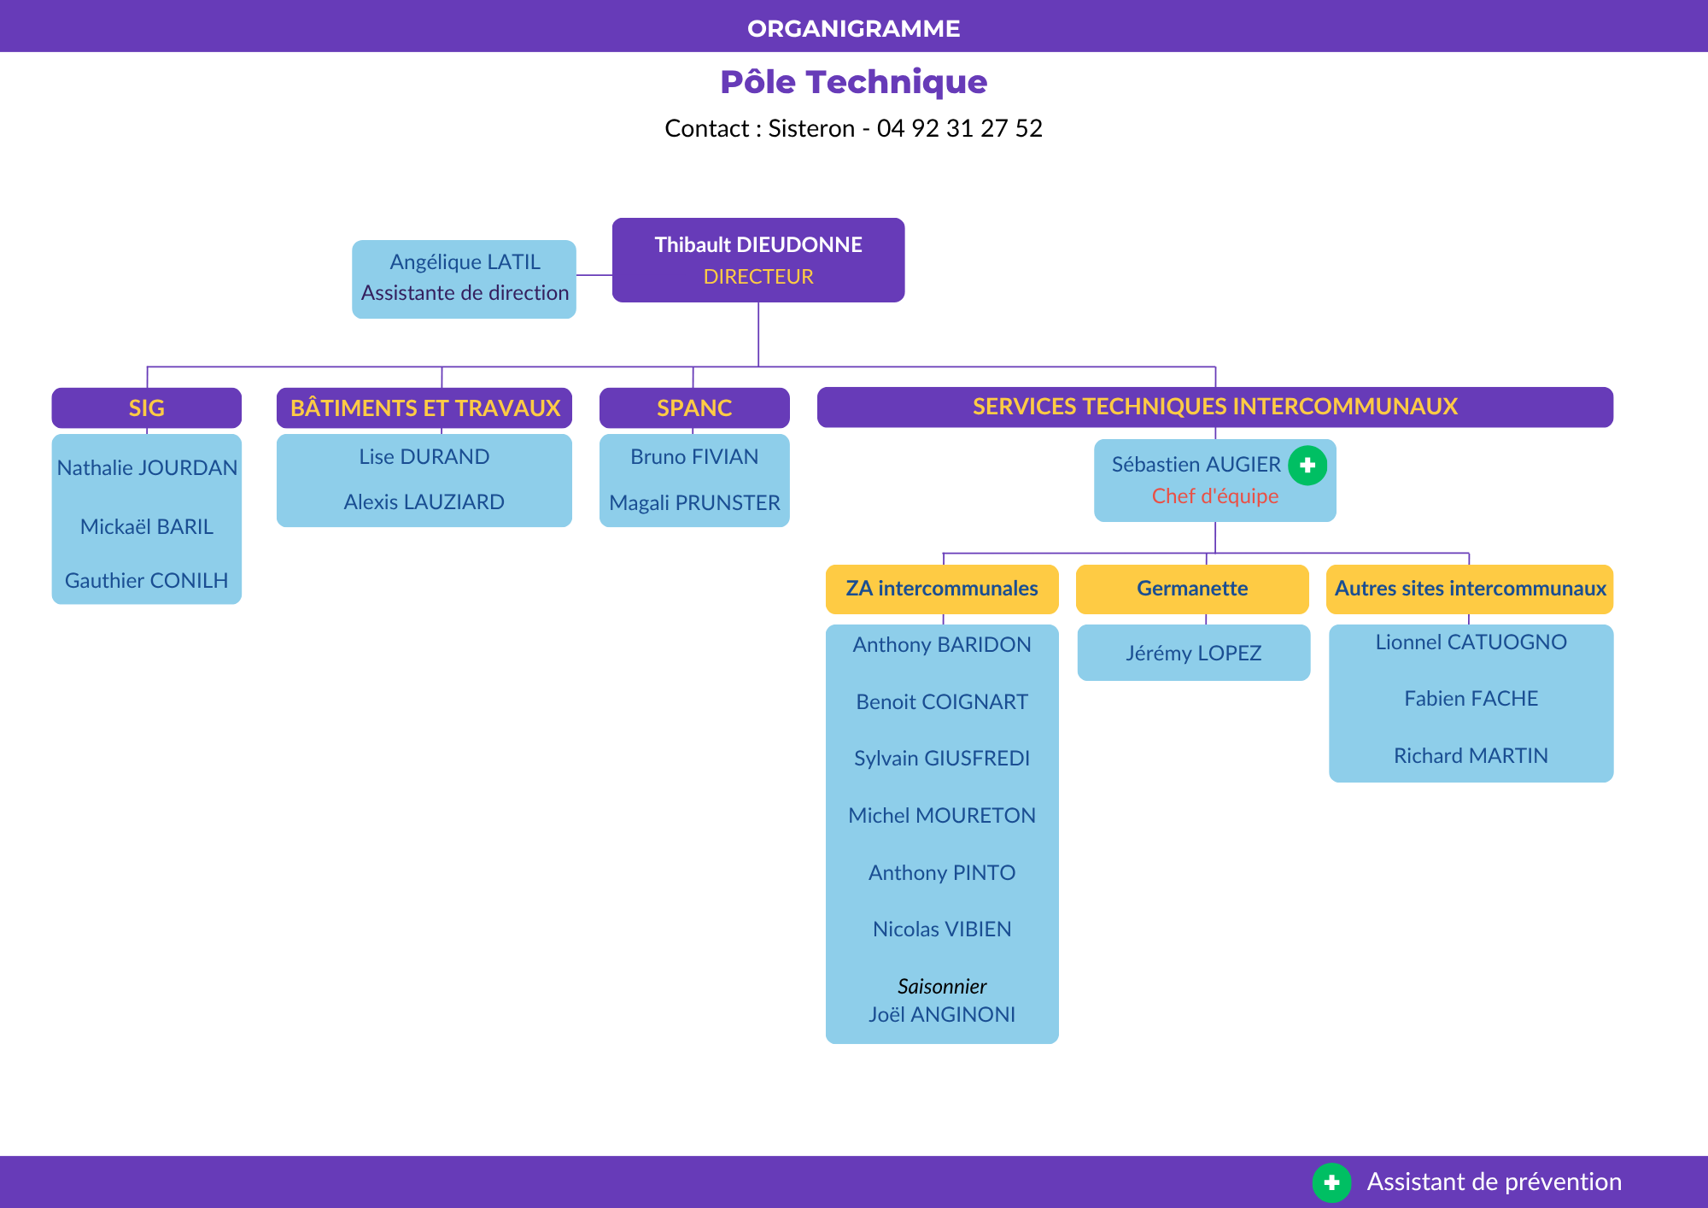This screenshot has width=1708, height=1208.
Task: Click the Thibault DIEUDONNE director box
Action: point(758,260)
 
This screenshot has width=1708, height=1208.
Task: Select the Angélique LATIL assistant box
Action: point(464,279)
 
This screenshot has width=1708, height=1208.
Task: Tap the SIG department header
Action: point(146,408)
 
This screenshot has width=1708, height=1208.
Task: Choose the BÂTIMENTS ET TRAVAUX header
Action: point(424,408)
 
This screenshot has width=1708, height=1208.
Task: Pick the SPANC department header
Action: point(694,408)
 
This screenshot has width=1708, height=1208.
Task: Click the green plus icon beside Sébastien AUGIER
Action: point(1307,466)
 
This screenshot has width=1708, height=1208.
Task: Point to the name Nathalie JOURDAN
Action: point(147,468)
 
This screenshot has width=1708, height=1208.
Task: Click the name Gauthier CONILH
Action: point(146,581)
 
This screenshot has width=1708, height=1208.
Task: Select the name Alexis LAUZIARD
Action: point(424,502)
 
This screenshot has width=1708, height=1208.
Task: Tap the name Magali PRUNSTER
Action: point(694,503)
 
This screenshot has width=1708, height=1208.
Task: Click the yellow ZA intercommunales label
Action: point(942,589)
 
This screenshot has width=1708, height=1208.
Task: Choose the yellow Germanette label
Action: point(1192,589)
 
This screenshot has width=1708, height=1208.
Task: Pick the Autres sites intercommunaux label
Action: point(1470,589)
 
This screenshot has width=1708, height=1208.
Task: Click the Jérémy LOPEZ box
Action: point(1194,653)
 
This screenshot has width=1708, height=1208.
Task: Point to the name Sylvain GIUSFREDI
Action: point(942,759)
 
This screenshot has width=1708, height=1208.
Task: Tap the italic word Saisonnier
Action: point(942,987)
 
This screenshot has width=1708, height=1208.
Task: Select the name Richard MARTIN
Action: point(1471,756)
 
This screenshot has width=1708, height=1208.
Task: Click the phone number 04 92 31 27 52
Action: point(960,128)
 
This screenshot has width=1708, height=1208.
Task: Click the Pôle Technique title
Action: point(854,82)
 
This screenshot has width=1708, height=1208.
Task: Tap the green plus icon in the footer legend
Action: point(1331,1182)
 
